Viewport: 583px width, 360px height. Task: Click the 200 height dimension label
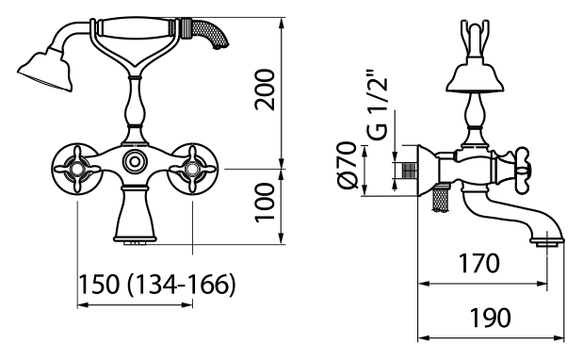(265, 90)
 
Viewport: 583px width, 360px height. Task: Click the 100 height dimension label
(265, 203)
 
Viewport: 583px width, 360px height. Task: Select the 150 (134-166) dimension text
(157, 285)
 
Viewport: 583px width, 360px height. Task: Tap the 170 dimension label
(479, 263)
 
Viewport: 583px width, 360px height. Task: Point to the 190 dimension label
(490, 318)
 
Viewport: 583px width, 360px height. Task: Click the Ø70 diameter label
(348, 165)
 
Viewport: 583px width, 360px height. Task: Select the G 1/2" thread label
(379, 108)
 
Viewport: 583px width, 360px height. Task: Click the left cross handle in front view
(77, 170)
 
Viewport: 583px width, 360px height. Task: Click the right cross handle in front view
(192, 170)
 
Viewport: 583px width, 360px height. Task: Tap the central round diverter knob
(135, 161)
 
